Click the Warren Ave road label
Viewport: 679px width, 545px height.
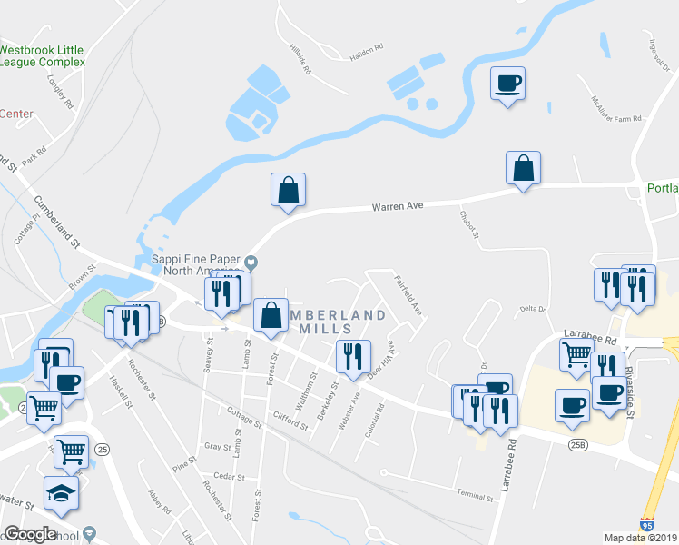point(398,207)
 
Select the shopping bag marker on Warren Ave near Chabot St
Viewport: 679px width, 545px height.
point(523,169)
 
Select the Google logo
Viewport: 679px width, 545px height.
point(30,534)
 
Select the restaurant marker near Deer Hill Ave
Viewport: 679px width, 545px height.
point(353,356)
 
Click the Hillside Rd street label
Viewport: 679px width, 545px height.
point(300,59)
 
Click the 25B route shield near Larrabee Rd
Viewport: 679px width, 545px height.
point(579,445)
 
